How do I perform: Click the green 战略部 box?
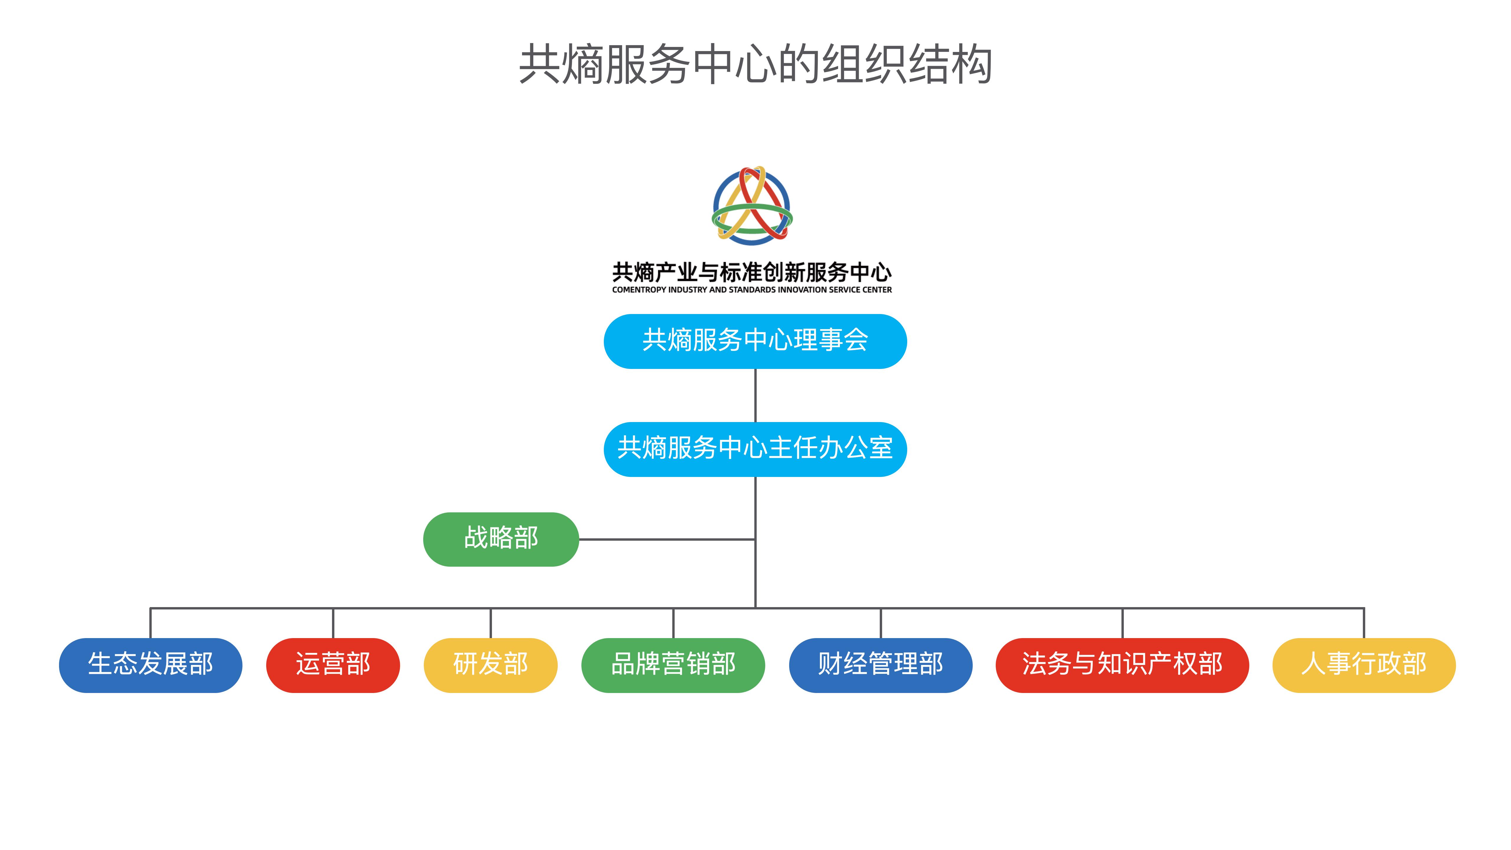point(501,539)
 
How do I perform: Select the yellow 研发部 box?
point(490,665)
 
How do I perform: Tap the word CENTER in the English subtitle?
point(877,290)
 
